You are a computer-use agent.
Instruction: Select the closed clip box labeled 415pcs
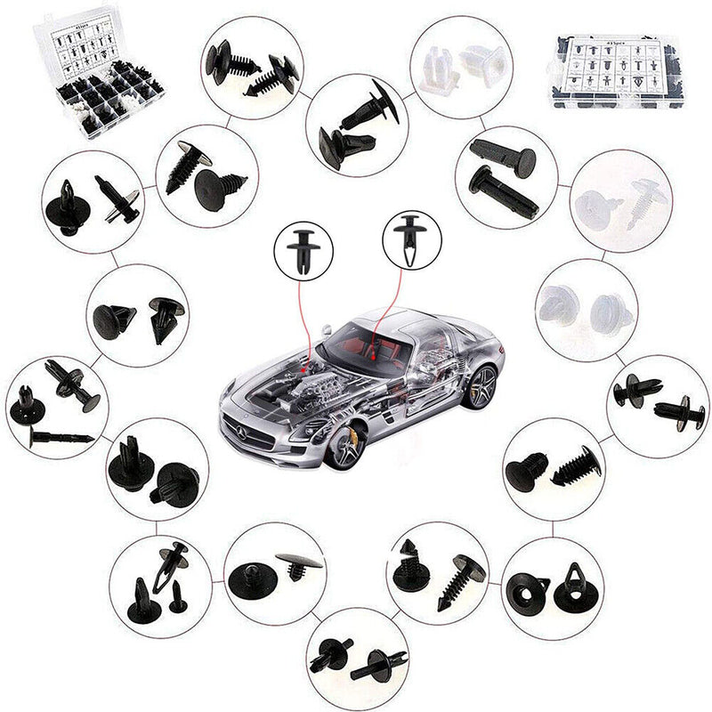[617, 71]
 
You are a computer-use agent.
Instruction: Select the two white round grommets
[586, 306]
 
